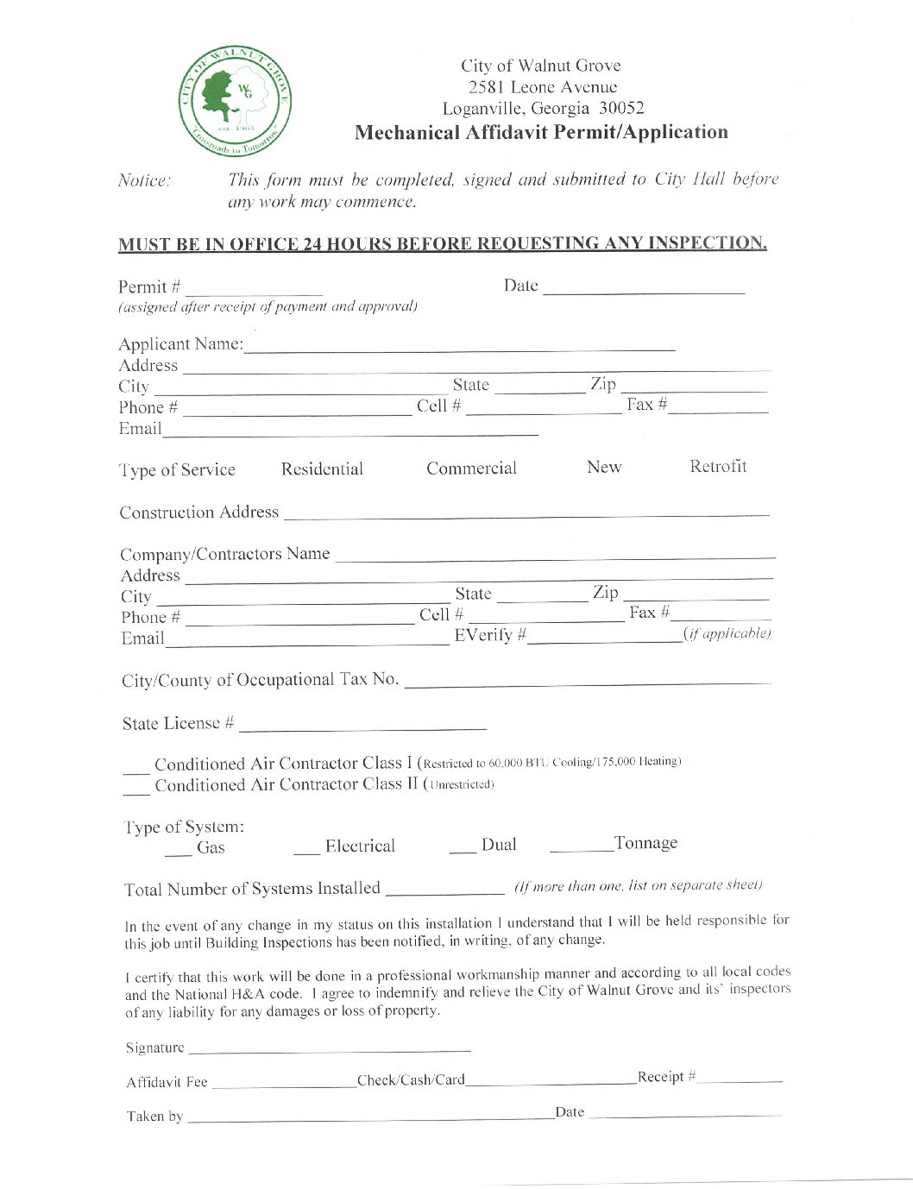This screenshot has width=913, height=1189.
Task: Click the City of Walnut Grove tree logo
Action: pos(235,101)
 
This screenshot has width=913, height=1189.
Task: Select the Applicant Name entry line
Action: pos(459,348)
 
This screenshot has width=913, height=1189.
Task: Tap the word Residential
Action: pos(322,469)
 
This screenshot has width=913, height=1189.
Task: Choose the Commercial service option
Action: pos(471,469)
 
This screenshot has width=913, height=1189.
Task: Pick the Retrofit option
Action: pos(718,467)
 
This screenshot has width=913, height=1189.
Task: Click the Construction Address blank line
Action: pos(526,514)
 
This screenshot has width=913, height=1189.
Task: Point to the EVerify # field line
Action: pos(605,640)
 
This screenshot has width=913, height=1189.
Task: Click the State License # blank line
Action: pos(362,727)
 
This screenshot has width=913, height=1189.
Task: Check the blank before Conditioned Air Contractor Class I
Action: pos(135,769)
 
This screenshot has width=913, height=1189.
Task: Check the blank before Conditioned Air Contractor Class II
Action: pos(135,790)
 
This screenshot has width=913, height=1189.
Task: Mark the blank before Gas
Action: pos(178,852)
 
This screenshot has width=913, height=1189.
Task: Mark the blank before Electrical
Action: pos(306,852)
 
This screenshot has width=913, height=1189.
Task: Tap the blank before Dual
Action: pos(463,850)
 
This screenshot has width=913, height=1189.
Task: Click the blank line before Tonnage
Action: pos(580,849)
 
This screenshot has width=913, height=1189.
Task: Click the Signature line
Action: pos(329,1050)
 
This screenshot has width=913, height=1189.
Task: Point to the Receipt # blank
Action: pos(740,1080)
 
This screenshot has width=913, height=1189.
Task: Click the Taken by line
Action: pos(369,1119)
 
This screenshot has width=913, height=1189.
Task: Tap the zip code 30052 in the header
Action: pos(621,109)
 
